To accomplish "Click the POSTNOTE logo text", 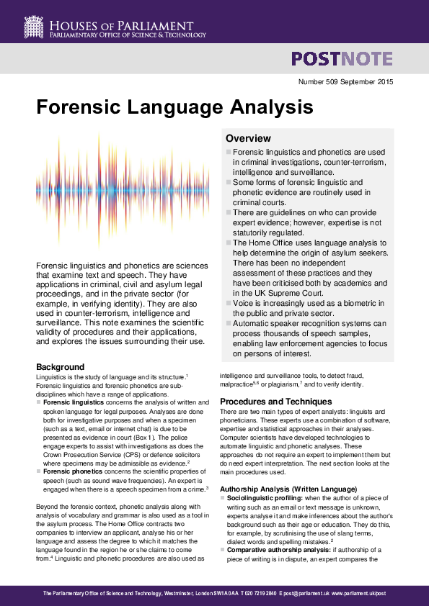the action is click(342, 59).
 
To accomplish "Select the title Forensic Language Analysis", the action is click(174, 108).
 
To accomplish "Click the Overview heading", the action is click(248, 138).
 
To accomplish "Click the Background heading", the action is click(60, 367).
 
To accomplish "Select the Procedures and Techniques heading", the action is click(275, 401).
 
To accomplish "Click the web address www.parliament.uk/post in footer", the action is click(361, 593).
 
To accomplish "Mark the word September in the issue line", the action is click(361, 82).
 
